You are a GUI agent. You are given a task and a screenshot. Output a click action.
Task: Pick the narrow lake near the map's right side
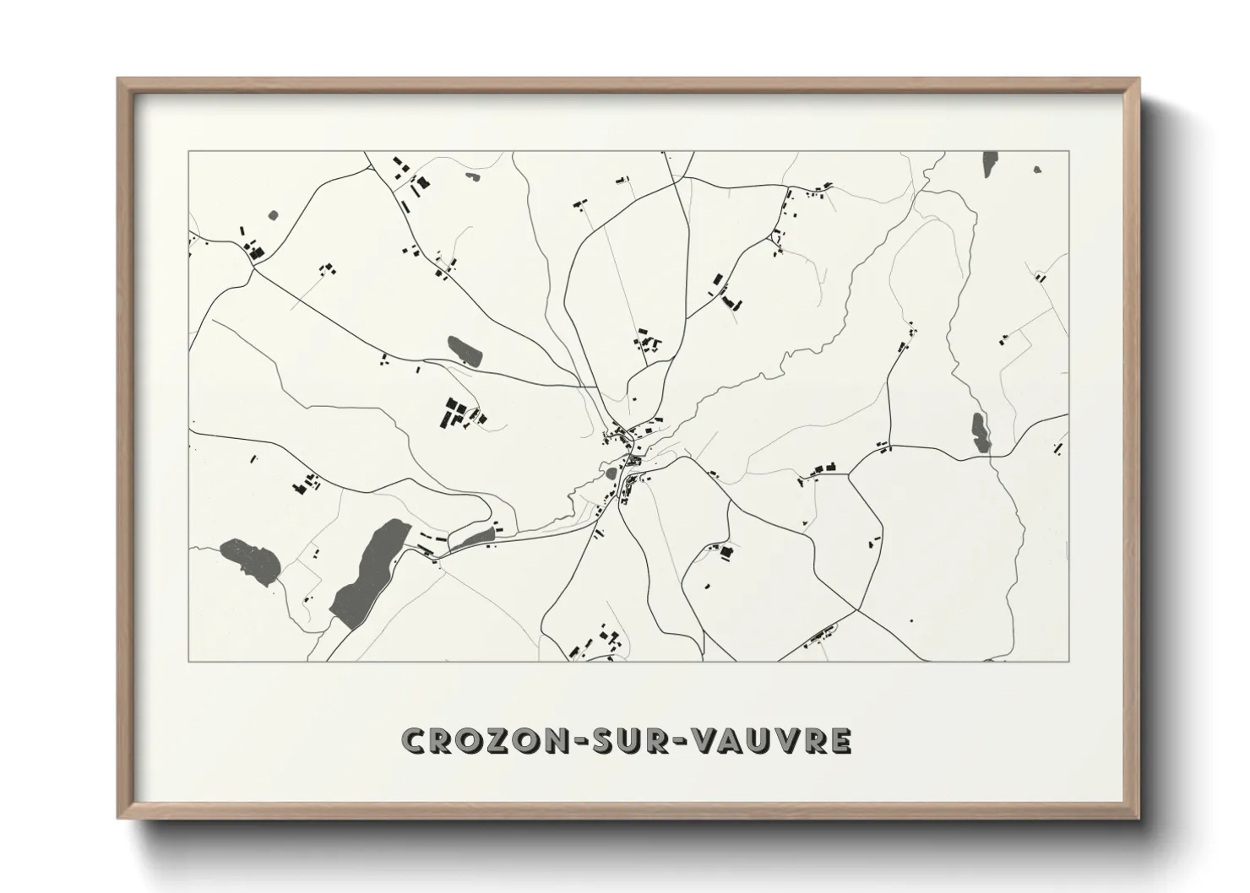coord(979,431)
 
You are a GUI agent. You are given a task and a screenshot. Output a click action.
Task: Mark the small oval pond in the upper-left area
coord(273,215)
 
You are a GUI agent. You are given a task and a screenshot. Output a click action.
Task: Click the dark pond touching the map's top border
coord(990,164)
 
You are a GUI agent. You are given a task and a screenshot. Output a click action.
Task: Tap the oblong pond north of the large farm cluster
coord(465,350)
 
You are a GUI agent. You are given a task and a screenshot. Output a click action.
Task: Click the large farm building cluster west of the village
coord(461,414)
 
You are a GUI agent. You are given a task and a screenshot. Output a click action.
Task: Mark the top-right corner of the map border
coord(1068,151)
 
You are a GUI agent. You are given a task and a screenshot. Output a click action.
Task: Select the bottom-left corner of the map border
coord(188,661)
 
